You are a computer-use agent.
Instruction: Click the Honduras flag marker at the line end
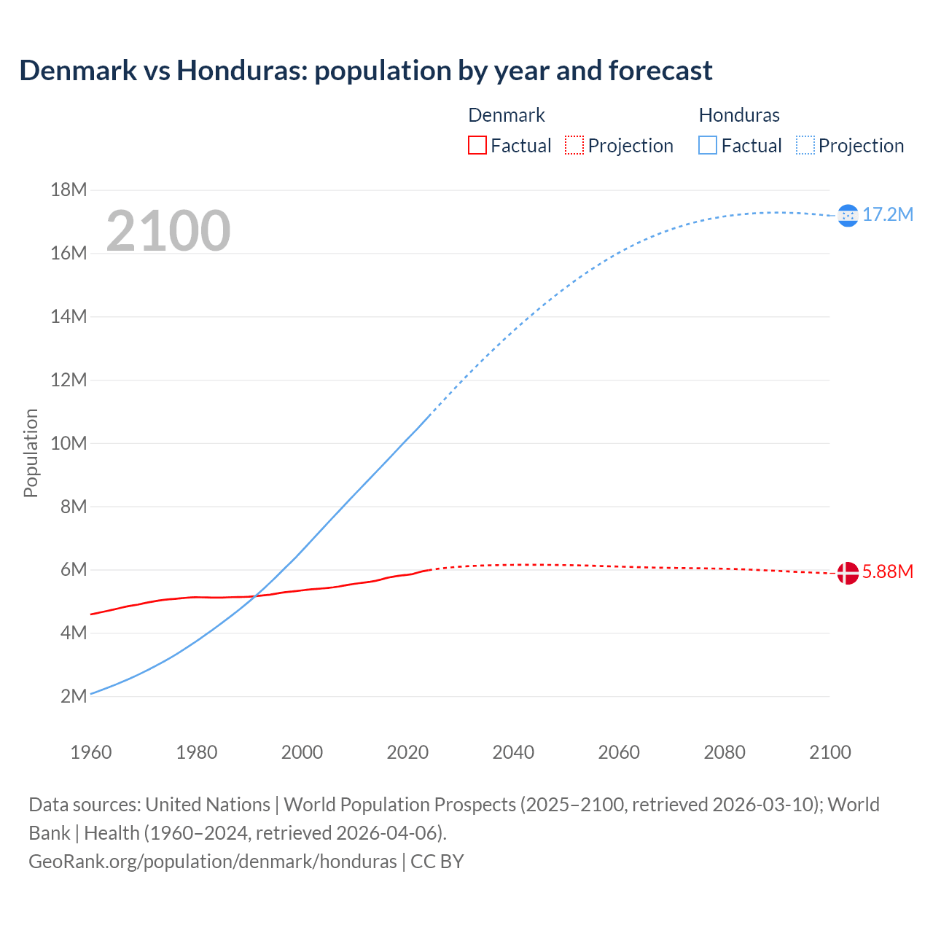click(848, 215)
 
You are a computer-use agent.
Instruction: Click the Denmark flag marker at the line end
click(848, 573)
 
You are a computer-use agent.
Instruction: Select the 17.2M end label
click(888, 214)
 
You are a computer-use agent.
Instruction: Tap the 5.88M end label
click(888, 571)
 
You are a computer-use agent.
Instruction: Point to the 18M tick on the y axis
click(69, 190)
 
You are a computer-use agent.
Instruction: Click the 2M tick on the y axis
click(74, 696)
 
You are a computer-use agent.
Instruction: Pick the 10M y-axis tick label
click(69, 443)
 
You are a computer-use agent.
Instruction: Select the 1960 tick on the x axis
click(91, 752)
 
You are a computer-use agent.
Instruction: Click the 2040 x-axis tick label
click(513, 752)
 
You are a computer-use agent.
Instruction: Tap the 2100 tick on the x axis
click(829, 752)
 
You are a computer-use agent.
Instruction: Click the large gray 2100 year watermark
click(168, 231)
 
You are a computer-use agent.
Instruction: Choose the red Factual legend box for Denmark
click(477, 146)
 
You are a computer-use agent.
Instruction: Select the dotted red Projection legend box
click(574, 146)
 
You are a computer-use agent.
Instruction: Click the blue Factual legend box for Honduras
click(707, 146)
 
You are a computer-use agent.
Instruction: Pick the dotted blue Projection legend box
click(805, 146)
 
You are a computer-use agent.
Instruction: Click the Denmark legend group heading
click(507, 115)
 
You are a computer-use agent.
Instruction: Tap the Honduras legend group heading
click(739, 115)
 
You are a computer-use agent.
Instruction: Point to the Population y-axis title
click(31, 453)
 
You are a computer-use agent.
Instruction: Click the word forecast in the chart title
click(660, 71)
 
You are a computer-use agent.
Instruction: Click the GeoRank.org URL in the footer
click(213, 862)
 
